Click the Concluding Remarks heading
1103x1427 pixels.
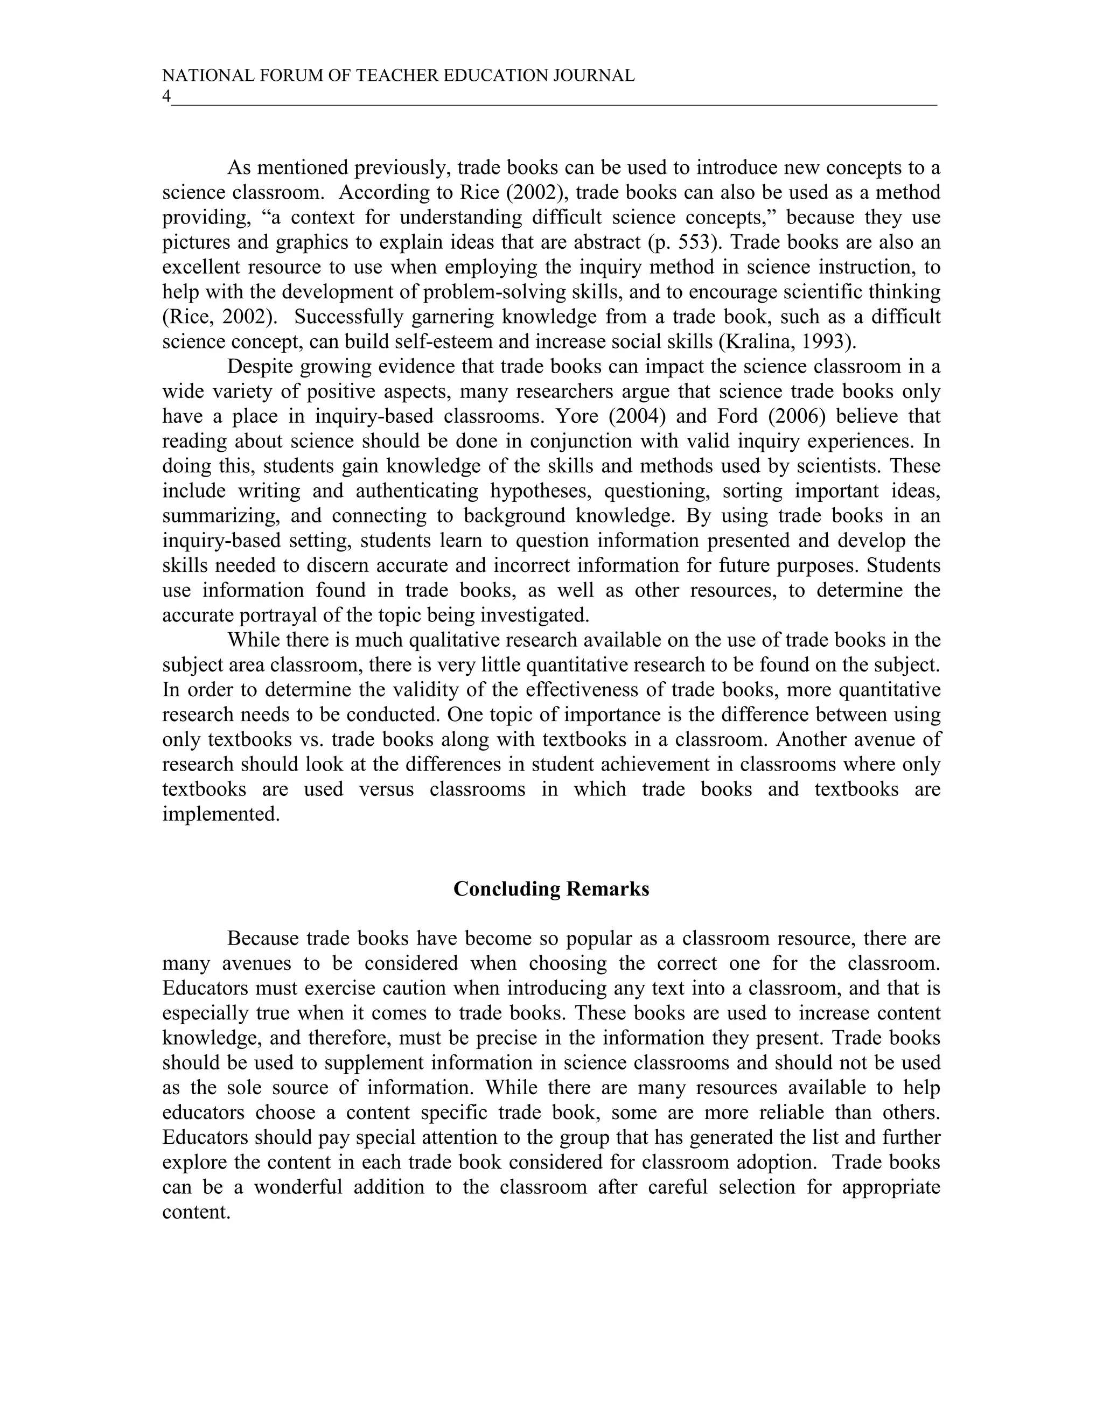[551, 889]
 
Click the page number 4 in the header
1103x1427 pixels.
[166, 96]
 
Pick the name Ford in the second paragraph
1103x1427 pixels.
[738, 416]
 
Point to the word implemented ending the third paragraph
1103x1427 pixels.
[220, 814]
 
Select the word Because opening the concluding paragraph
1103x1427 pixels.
[263, 939]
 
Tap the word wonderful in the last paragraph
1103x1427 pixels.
[298, 1187]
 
